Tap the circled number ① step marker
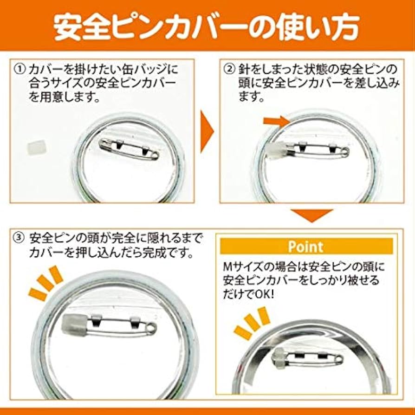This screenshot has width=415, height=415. tap(20, 70)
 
